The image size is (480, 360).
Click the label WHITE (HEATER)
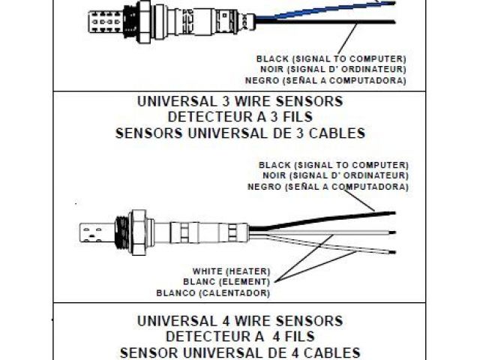(230, 269)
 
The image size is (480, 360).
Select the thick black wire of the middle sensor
(315, 217)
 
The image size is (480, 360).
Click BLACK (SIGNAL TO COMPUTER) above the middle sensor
(332, 164)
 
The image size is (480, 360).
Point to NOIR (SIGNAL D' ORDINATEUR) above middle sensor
(332, 175)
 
